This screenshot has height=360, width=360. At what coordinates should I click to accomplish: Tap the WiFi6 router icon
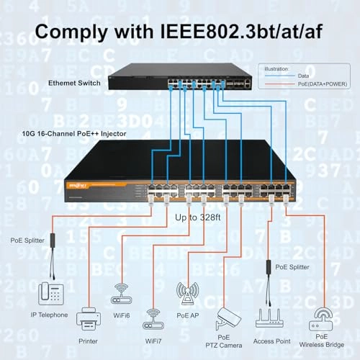121,294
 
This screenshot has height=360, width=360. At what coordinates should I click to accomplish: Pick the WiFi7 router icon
154,318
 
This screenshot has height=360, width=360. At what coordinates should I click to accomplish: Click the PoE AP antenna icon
187,292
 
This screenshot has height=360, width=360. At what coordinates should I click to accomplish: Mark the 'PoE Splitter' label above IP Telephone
29,240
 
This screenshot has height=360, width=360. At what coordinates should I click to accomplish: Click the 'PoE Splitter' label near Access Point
292,266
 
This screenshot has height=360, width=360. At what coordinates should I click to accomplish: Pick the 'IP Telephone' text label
48,315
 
